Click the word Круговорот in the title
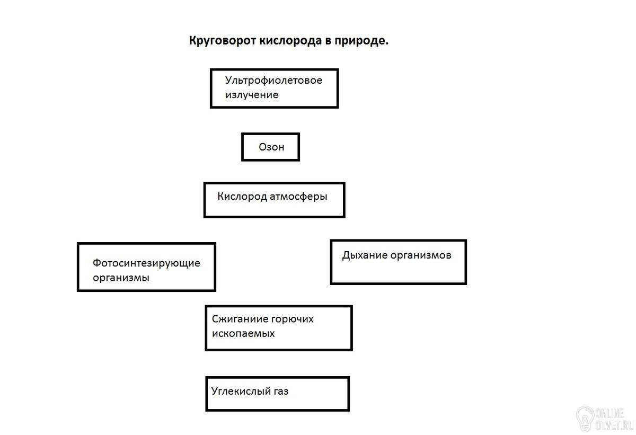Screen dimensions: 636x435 (223, 41)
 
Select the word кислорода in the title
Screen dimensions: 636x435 (291, 41)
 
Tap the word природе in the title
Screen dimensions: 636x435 (361, 41)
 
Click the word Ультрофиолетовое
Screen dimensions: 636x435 (273, 81)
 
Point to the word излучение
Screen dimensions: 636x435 (252, 95)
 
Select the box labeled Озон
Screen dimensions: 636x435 (271, 147)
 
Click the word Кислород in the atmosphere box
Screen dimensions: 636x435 (242, 197)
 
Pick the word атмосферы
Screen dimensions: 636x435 (298, 197)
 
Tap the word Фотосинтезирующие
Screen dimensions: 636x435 (146, 263)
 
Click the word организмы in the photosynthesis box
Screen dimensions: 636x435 (121, 278)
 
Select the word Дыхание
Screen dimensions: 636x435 (365, 255)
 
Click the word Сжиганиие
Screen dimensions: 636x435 (240, 319)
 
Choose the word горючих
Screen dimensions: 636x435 (293, 319)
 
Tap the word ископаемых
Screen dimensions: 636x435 (243, 334)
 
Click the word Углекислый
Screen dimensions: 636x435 (241, 392)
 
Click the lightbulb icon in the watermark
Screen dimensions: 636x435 (585, 418)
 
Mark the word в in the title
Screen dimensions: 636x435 (328, 41)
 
